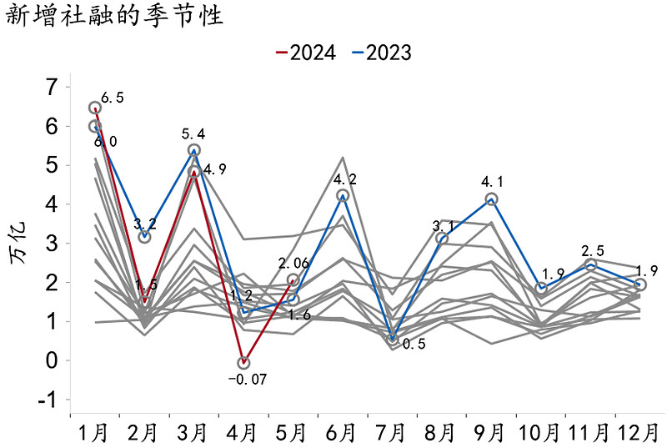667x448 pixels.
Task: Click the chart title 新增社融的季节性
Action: (114, 17)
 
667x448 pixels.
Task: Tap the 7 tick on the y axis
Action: (52, 87)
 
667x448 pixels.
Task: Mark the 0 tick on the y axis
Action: (52, 360)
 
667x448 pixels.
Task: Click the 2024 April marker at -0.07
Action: (243, 363)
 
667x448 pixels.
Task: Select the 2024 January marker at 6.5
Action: (95, 108)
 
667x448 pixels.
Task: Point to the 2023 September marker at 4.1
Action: (491, 199)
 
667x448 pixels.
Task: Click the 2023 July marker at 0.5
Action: (392, 338)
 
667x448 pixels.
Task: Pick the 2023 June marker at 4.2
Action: (343, 195)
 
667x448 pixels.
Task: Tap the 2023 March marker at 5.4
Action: (194, 150)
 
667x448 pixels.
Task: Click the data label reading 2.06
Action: (293, 264)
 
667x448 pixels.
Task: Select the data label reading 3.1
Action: (443, 225)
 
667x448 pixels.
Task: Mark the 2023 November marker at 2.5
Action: (590, 264)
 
